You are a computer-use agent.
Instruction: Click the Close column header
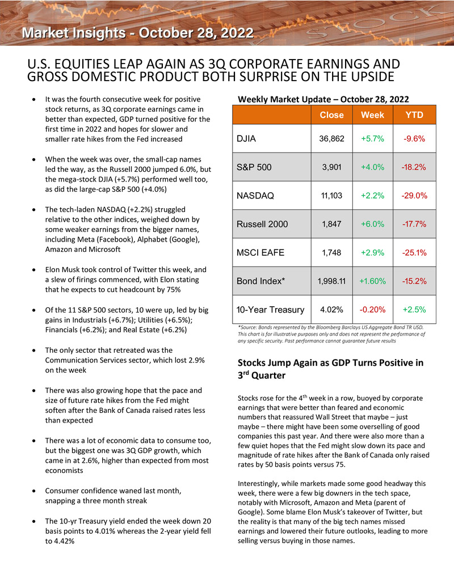[331, 115]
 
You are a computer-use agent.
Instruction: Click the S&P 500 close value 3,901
[331, 167]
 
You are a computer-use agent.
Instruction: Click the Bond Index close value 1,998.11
[331, 281]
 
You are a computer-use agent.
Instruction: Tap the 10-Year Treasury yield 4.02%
[331, 310]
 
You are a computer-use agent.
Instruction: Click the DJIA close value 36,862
[331, 139]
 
